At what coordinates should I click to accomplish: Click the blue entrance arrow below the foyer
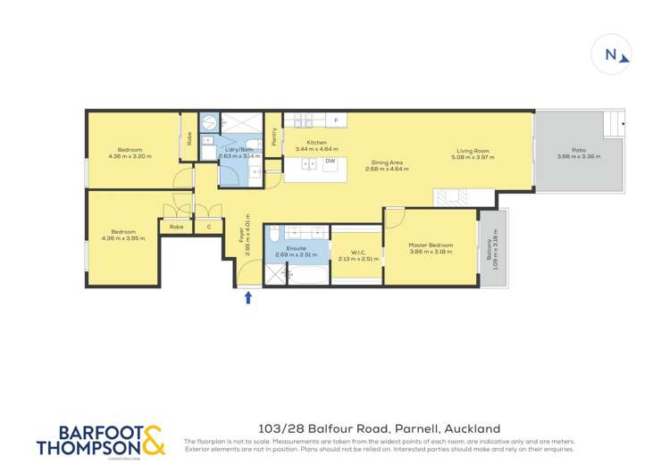click(x=248, y=297)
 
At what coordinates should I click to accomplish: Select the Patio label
click(x=580, y=150)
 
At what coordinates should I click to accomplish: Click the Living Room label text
click(x=474, y=152)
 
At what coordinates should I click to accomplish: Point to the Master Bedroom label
click(x=431, y=245)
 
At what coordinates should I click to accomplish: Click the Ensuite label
click(x=297, y=248)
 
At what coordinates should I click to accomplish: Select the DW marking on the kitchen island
click(x=330, y=162)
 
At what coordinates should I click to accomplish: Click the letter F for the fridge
click(x=336, y=120)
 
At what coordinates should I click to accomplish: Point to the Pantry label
click(x=273, y=137)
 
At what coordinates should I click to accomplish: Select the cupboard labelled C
click(x=209, y=228)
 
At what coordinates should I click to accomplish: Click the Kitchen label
click(x=317, y=143)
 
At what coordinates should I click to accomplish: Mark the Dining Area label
click(x=387, y=162)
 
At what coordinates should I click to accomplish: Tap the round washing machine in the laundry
click(x=208, y=121)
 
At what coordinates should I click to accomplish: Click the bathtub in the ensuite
click(x=303, y=277)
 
